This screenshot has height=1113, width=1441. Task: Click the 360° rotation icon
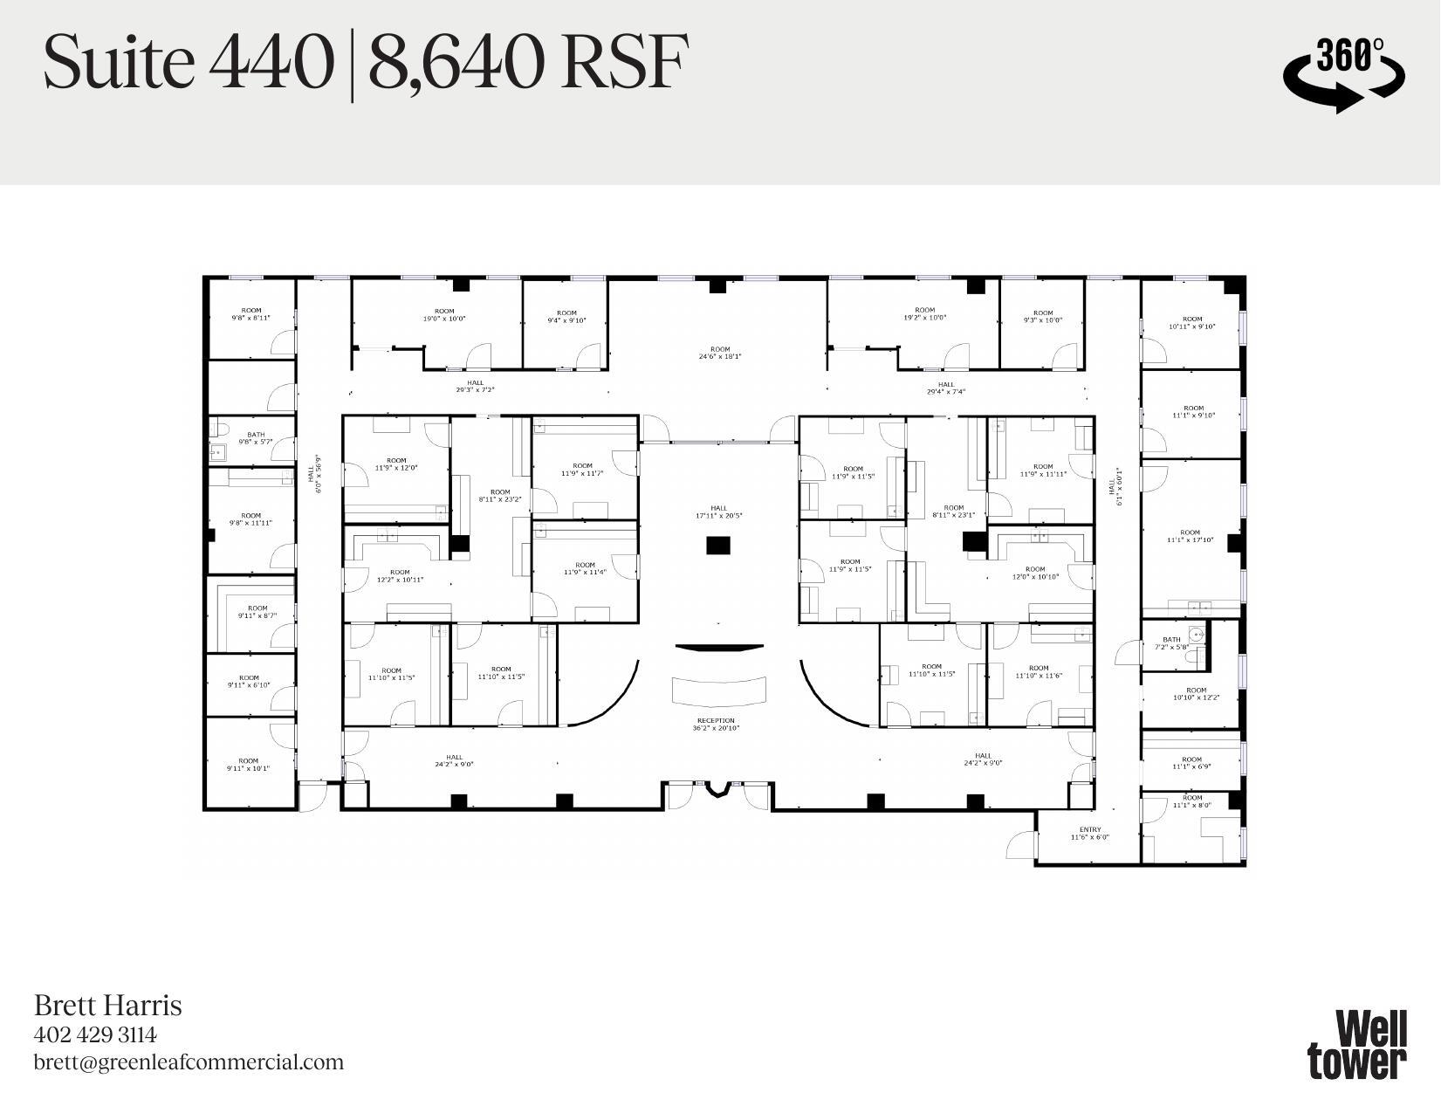coord(1343,72)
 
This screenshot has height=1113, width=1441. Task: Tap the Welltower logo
coord(1356,1045)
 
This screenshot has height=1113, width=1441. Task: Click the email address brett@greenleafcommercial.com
coord(189,1062)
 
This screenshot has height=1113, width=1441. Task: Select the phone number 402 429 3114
coord(95,1035)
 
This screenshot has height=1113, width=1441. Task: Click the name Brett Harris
coord(107,1006)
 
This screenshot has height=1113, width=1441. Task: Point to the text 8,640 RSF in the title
coord(527,62)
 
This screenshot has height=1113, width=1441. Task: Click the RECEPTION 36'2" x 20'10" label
coord(716,725)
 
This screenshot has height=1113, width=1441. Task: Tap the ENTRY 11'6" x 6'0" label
coord(1089,834)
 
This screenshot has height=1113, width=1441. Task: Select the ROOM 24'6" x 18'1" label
coord(719,353)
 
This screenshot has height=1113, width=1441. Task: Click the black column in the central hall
coord(717,546)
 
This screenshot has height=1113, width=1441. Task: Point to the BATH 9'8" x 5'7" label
coord(255,438)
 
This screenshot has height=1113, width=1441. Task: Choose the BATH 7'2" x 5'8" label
coord(1170,643)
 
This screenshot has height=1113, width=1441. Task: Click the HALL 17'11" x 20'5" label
coord(717,512)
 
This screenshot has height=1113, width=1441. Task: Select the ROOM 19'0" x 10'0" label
coord(444,315)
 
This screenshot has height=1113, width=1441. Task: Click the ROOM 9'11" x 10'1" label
coord(248,765)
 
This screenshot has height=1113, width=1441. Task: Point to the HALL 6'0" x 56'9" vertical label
coord(314,474)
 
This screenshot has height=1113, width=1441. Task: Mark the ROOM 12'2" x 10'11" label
coord(399,576)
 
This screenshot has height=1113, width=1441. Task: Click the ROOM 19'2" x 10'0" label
coord(924,313)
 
